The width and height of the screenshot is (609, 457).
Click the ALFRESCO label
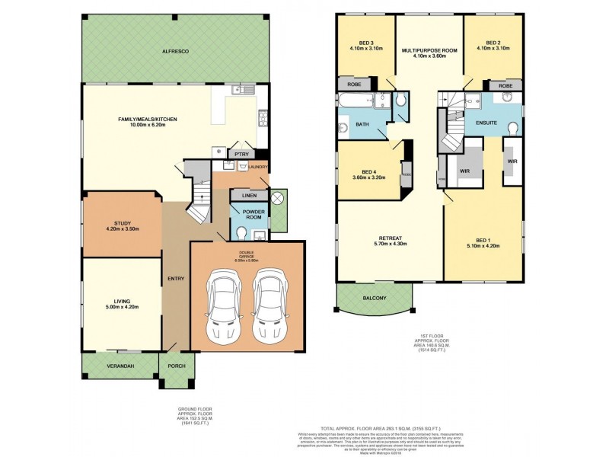[174, 50]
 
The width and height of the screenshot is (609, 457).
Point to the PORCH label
[176, 366]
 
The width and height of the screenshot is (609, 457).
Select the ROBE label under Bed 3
[354, 85]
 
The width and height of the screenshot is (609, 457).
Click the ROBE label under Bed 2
[505, 87]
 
